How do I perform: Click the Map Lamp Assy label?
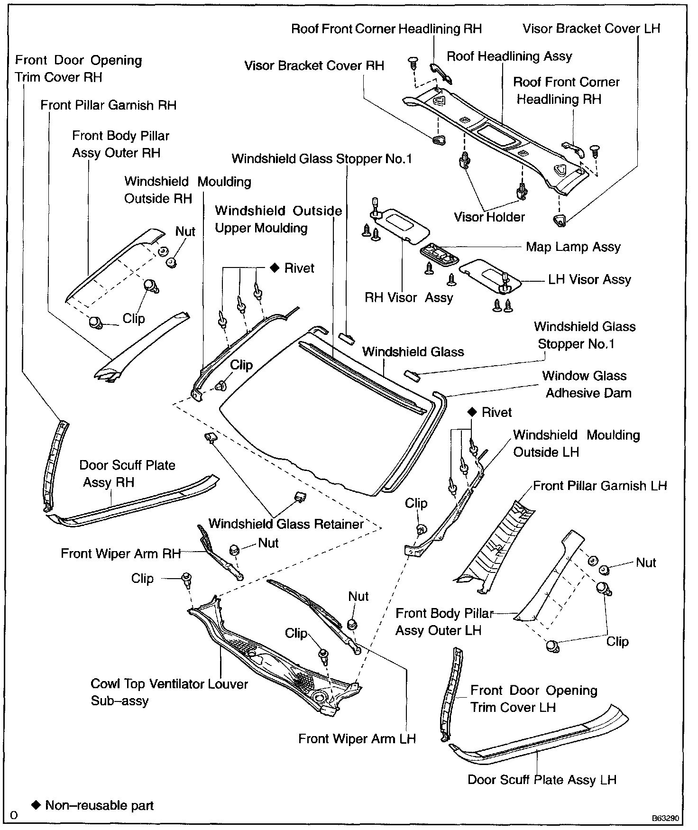tap(573, 247)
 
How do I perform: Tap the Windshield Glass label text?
tap(413, 352)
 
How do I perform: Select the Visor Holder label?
tap(489, 217)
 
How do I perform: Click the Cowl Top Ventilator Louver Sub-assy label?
tap(169, 692)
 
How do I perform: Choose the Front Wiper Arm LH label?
tap(357, 739)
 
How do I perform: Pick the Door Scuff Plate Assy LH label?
tap(542, 780)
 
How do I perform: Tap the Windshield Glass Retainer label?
tap(285, 524)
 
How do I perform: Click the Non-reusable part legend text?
tap(99, 805)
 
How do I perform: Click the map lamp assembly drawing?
tap(439, 252)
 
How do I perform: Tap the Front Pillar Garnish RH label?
tap(108, 105)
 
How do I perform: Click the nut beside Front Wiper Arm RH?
tap(234, 550)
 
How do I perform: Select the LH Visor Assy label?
tap(589, 280)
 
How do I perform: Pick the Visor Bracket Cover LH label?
tap(591, 28)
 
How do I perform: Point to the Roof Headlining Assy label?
tap(509, 56)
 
